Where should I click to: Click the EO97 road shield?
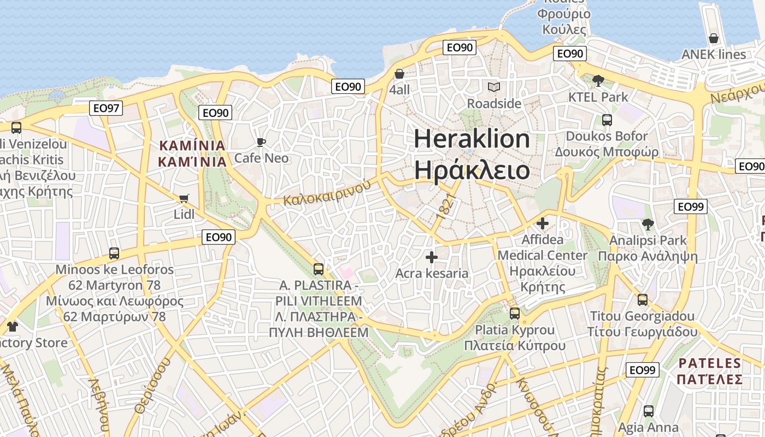(x=106, y=108)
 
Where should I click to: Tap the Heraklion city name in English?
(x=472, y=139)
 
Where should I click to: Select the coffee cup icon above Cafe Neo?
(x=261, y=142)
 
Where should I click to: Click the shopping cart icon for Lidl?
(x=184, y=198)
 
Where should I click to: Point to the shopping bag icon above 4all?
(x=399, y=74)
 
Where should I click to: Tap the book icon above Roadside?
(x=494, y=87)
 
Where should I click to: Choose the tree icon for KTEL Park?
(x=598, y=81)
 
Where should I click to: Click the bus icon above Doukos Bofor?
(x=607, y=120)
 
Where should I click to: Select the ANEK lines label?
(x=713, y=55)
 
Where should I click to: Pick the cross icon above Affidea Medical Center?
(x=543, y=223)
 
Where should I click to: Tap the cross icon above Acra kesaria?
(x=432, y=257)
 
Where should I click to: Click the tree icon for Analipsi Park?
(x=648, y=224)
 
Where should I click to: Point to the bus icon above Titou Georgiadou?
(x=643, y=300)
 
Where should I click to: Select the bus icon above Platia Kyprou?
(x=515, y=314)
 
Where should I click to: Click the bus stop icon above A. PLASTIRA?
(x=319, y=269)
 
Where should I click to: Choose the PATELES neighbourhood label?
(x=710, y=363)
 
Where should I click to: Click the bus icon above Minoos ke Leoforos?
(x=114, y=253)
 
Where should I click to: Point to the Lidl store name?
(x=184, y=214)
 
